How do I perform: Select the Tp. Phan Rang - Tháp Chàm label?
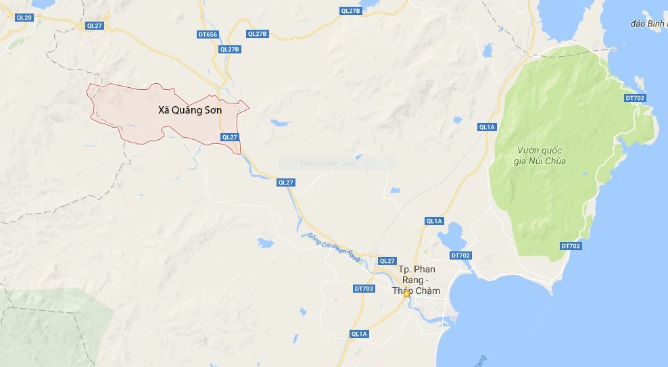click(x=416, y=280)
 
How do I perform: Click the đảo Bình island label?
click(x=648, y=24)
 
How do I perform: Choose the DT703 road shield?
click(x=364, y=289)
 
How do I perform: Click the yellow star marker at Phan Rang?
click(x=406, y=293)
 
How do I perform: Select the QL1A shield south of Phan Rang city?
click(x=359, y=334)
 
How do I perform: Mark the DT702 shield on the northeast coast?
click(x=635, y=99)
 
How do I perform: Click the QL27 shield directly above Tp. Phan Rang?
click(x=387, y=261)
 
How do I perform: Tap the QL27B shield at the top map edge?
click(x=351, y=11)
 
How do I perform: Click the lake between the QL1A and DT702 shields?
click(x=448, y=239)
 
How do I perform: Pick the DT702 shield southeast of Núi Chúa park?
click(x=571, y=246)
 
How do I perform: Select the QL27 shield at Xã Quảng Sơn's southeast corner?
click(x=230, y=137)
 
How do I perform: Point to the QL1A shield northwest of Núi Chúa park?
click(x=487, y=127)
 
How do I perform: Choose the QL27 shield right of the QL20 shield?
click(x=95, y=26)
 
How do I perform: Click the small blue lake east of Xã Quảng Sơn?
click(x=281, y=124)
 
